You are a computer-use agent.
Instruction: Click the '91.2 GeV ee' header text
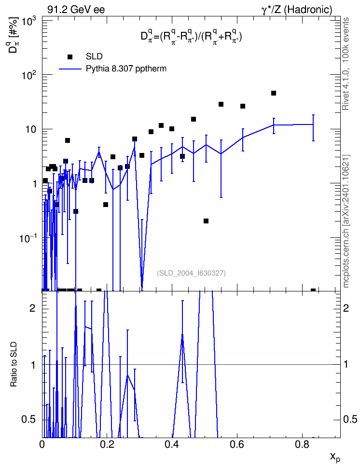click(76, 10)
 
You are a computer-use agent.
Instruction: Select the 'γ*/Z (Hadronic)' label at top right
click(297, 10)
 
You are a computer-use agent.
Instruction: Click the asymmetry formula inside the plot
click(191, 37)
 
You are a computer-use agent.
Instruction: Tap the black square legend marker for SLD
click(70, 57)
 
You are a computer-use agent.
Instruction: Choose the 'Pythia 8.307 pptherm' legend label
click(126, 69)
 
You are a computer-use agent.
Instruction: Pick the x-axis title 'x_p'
click(335, 457)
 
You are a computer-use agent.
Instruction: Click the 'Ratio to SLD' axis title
click(14, 364)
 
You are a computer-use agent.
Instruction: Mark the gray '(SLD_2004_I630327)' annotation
click(191, 273)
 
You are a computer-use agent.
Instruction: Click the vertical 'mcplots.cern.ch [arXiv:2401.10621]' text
click(346, 221)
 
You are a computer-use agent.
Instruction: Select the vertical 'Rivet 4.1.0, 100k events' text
click(346, 64)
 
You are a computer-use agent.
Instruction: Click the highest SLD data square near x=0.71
click(274, 93)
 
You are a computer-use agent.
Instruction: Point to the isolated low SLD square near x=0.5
click(206, 221)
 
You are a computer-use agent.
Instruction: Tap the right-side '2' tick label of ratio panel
click(346, 308)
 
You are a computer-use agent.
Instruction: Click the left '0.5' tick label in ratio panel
click(29, 420)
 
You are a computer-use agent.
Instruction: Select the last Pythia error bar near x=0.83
click(313, 128)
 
